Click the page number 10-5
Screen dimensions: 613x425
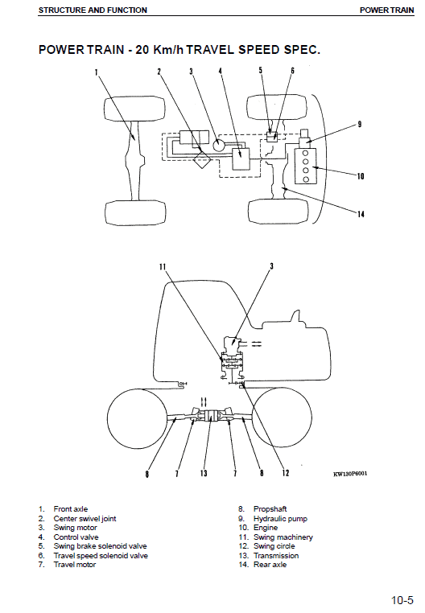point(402,599)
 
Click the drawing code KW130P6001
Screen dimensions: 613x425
point(350,474)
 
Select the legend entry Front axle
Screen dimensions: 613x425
point(71,509)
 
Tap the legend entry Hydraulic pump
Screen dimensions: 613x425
point(280,519)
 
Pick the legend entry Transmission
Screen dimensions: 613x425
point(276,556)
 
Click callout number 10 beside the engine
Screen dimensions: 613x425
point(361,176)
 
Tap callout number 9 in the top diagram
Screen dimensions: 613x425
point(360,124)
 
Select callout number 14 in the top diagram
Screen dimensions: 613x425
point(361,213)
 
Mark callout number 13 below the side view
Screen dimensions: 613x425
point(204,474)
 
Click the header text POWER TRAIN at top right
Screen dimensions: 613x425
point(386,10)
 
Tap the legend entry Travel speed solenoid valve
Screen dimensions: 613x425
point(101,556)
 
